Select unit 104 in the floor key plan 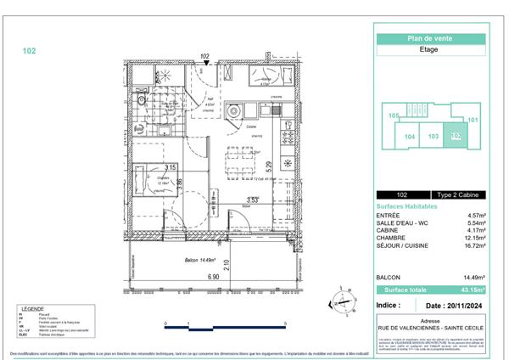coord(409,136)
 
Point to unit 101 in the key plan coord(473,120)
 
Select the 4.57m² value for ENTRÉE coord(474,215)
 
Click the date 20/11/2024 coord(456,304)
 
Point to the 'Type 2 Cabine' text coord(453,194)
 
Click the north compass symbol coord(344,299)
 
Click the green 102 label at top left coord(29,51)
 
